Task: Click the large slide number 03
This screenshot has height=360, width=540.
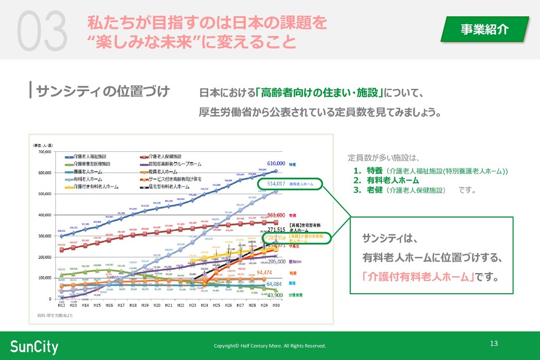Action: pyautogui.click(x=42, y=32)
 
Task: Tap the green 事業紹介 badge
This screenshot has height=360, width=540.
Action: pyautogui.click(x=485, y=29)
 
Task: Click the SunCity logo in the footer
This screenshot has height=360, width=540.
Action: pyautogui.click(x=34, y=346)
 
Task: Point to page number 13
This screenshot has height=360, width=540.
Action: pyautogui.click(x=494, y=344)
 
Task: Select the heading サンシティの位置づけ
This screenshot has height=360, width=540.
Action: pyautogui.click(x=103, y=91)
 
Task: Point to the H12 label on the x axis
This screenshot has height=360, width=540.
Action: pyautogui.click(x=62, y=306)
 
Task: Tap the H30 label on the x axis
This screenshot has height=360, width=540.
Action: pyautogui.click(x=275, y=306)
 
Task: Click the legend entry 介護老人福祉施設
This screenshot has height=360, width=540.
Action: pyautogui.click(x=90, y=157)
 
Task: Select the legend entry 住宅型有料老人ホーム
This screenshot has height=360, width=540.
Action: pyautogui.click(x=169, y=187)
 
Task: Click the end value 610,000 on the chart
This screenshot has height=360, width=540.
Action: pyautogui.click(x=276, y=164)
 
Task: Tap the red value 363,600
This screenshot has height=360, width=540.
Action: pyautogui.click(x=276, y=215)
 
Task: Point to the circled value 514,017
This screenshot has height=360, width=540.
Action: pyautogui.click(x=276, y=184)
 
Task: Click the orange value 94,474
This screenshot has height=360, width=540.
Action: pyautogui.click(x=264, y=273)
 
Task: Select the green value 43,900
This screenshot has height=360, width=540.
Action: pyautogui.click(x=275, y=295)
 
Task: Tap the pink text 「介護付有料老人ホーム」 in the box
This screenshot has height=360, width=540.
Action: pyautogui.click(x=418, y=276)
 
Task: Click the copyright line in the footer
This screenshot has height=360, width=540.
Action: pyautogui.click(x=269, y=346)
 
